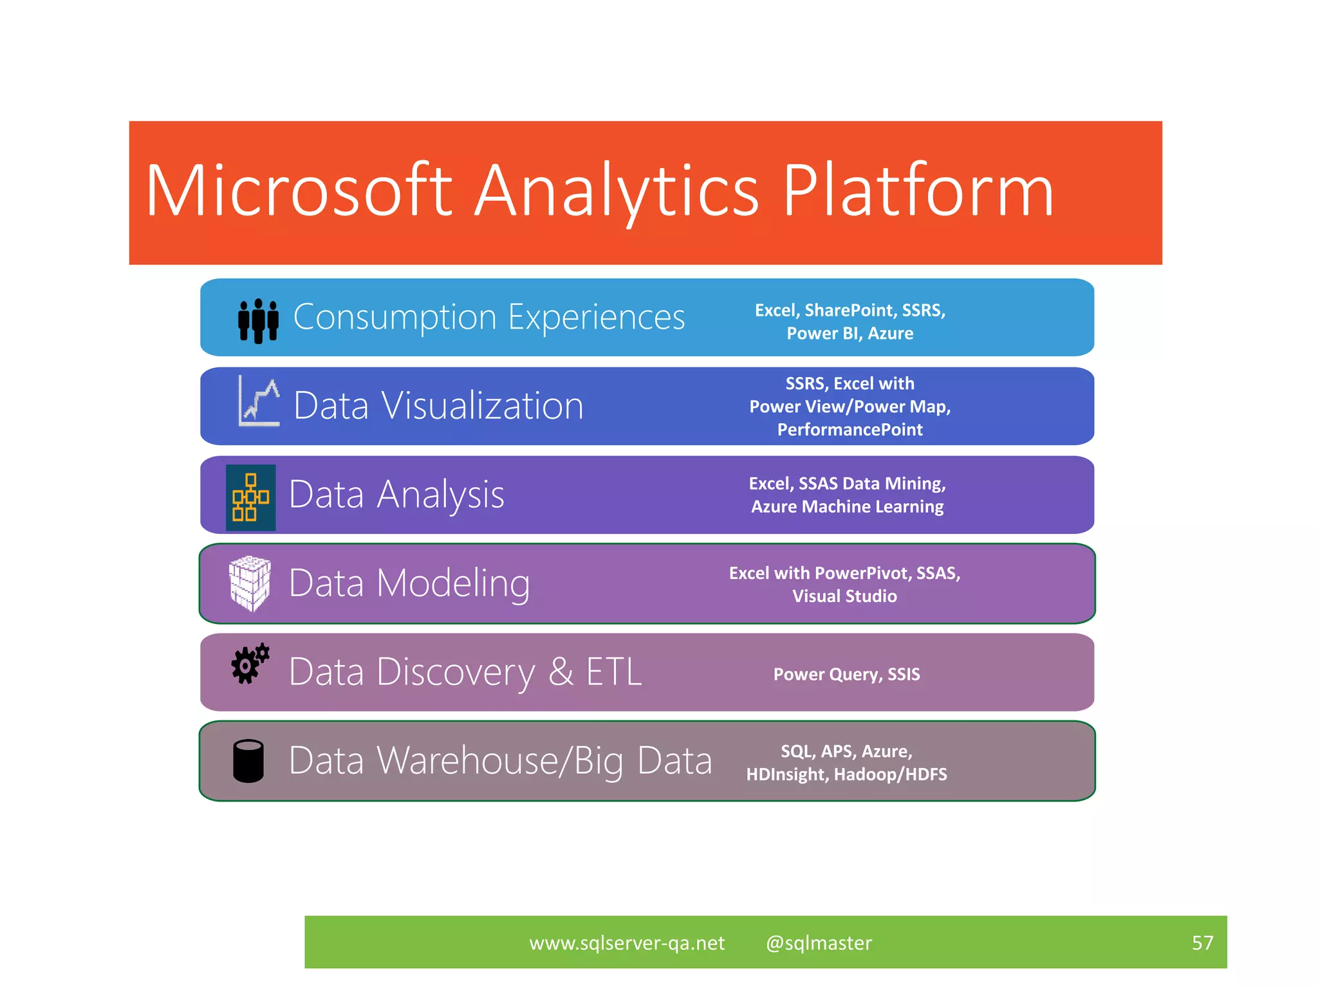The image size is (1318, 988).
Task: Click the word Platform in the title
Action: click(x=918, y=192)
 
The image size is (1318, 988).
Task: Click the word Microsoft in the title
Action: click(x=299, y=192)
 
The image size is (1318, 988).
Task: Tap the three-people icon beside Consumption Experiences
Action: click(x=258, y=320)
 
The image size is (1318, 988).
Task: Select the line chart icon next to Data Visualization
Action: click(x=259, y=401)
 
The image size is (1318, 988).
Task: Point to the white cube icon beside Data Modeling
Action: click(x=250, y=583)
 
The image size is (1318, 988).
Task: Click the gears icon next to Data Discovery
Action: click(x=250, y=664)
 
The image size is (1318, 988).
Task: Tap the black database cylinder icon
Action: click(x=248, y=761)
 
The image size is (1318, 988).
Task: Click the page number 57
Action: click(x=1202, y=943)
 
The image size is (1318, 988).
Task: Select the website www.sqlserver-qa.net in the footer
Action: click(x=627, y=943)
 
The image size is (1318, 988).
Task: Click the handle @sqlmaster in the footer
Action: click(x=819, y=943)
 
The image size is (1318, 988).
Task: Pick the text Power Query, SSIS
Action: click(x=846, y=674)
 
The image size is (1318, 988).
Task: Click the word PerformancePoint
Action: click(x=849, y=430)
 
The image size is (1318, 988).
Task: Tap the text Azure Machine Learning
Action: click(x=847, y=507)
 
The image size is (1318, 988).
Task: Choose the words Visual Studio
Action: click(x=844, y=596)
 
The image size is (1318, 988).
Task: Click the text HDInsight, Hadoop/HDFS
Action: click(x=846, y=774)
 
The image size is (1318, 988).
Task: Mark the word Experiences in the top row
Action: click(x=597, y=317)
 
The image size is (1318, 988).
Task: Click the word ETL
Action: click(x=613, y=672)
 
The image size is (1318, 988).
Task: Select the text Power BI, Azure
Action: click(x=849, y=334)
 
